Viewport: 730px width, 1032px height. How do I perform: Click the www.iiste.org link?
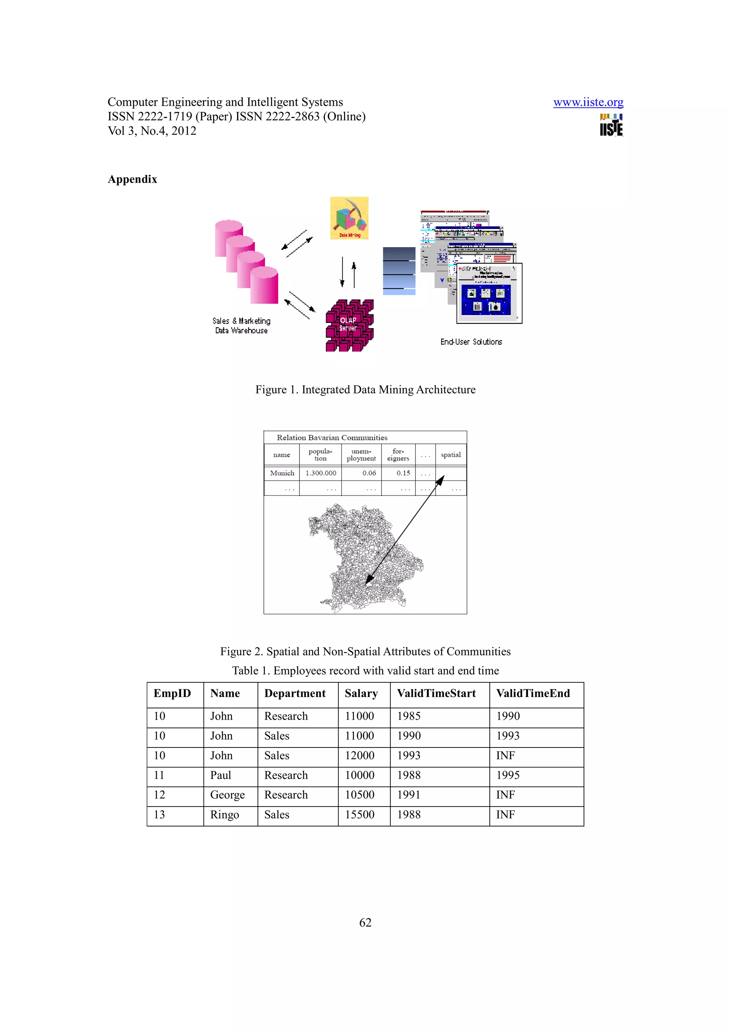(588, 103)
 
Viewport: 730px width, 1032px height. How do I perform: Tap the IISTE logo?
(611, 125)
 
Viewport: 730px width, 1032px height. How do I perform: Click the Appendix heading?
(132, 179)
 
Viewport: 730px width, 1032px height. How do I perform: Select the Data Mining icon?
(349, 218)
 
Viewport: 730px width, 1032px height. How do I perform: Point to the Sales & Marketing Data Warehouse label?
(242, 325)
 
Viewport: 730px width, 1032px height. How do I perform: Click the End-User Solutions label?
(471, 342)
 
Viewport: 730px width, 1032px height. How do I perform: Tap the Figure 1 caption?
(365, 390)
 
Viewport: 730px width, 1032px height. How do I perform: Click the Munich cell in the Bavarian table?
(282, 473)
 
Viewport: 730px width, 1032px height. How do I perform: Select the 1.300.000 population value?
(321, 473)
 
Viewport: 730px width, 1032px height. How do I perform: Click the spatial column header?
(451, 455)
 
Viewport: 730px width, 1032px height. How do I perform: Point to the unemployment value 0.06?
(369, 473)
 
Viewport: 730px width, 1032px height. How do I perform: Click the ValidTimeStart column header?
(436, 694)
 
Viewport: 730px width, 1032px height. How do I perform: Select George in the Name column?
(227, 795)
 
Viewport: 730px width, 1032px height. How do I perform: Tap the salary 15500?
(359, 814)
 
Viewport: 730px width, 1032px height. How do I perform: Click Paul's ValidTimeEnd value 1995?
(508, 775)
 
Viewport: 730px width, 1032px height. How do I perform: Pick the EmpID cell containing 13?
(160, 814)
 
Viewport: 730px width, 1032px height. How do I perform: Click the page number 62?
(365, 923)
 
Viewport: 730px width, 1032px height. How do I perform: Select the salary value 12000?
(359, 756)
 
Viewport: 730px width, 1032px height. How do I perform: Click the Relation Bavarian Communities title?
(332, 438)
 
